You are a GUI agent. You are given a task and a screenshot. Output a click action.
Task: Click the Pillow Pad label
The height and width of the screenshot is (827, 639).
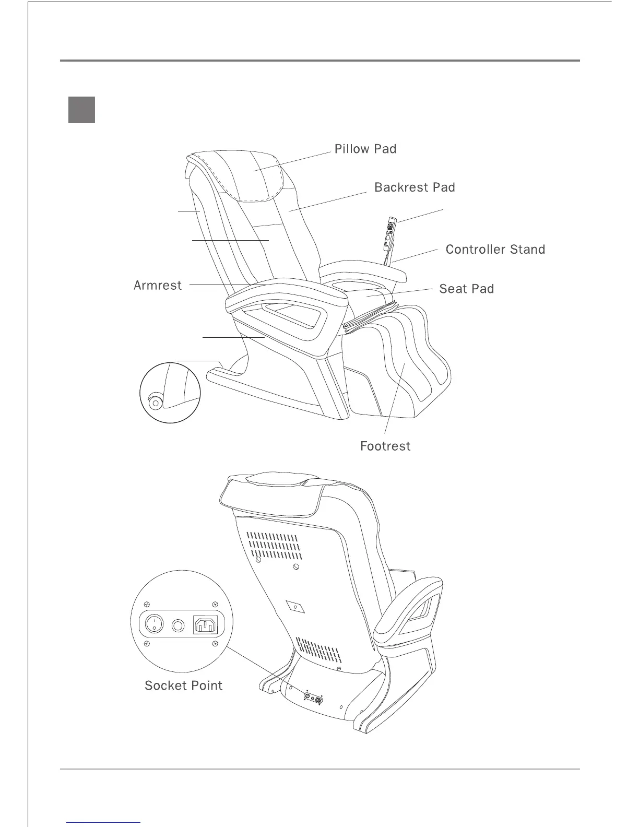pyautogui.click(x=365, y=149)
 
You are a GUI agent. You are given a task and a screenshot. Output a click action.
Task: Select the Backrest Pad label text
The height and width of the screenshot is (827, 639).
pyautogui.click(x=415, y=188)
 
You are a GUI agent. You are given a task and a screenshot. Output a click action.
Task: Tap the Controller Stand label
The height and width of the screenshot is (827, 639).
pyautogui.click(x=495, y=250)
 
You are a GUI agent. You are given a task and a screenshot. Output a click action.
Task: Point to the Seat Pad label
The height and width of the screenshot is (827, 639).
pyautogui.click(x=466, y=289)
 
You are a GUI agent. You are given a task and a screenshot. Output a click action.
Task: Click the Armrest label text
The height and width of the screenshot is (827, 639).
pyautogui.click(x=158, y=286)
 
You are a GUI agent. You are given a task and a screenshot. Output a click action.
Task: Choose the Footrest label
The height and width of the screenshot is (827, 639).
pyautogui.click(x=385, y=446)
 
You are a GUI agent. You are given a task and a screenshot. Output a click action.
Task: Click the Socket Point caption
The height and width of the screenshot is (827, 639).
pyautogui.click(x=183, y=686)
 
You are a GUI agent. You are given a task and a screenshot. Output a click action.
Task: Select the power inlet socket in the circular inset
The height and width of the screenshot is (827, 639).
pyautogui.click(x=205, y=624)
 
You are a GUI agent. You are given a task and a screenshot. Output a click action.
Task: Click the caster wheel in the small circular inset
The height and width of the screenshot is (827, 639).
pyautogui.click(x=155, y=404)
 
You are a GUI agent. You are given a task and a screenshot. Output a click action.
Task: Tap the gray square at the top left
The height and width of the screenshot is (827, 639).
pyautogui.click(x=81, y=110)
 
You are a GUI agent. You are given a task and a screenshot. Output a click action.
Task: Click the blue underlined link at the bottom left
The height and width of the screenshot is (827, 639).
pyautogui.click(x=104, y=822)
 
